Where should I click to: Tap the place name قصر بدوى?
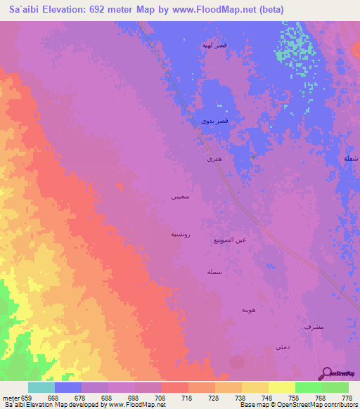coord(214,122)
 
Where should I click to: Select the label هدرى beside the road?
coord(214,160)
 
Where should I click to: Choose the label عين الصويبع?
coord(229,240)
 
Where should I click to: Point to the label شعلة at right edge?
coord(351,159)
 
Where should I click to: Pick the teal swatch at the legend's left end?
coord(41,387)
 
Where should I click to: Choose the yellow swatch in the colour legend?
coord(282,387)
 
